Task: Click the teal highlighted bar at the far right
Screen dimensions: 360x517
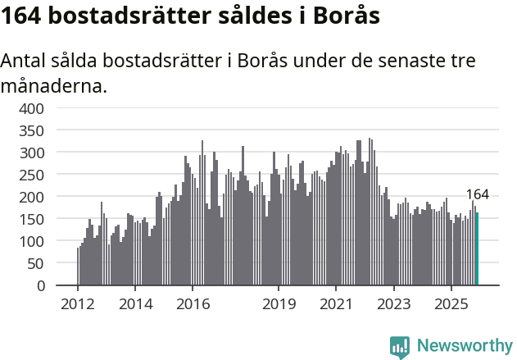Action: (477, 249)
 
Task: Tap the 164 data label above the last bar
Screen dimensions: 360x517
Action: (477, 194)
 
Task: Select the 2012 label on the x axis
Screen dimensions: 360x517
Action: (78, 304)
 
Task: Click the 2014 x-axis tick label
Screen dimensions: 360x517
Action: (135, 304)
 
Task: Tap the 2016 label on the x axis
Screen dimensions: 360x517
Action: (193, 304)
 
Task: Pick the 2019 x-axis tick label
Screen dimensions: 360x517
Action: (279, 304)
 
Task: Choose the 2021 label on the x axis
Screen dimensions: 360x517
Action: (336, 304)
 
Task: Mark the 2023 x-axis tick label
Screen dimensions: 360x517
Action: (393, 304)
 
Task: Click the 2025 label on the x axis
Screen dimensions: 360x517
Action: (451, 304)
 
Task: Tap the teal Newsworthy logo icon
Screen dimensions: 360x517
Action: (400, 347)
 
